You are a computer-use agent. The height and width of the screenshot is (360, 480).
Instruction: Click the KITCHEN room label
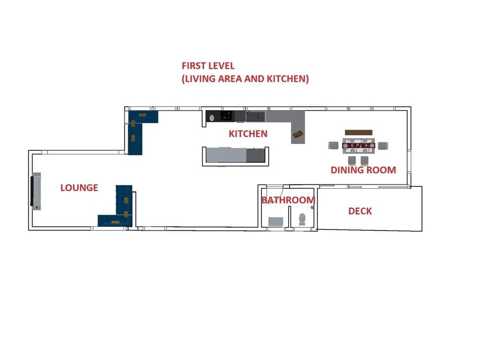tap(248, 134)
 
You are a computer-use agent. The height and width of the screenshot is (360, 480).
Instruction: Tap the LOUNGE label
tap(79, 188)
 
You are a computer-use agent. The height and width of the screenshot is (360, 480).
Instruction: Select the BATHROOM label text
tap(288, 200)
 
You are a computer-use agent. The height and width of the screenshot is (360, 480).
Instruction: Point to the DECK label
tap(360, 211)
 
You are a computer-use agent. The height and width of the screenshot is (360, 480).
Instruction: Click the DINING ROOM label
tap(363, 170)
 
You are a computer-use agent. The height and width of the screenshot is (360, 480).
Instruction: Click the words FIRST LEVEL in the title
tap(208, 66)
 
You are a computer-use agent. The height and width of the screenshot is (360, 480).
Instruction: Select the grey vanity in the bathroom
tap(276, 221)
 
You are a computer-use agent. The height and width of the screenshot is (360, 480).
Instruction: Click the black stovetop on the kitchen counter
tap(227, 116)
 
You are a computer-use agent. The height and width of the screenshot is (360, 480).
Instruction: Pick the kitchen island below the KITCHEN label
tap(234, 156)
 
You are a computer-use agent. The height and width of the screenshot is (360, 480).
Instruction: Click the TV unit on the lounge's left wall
tap(36, 191)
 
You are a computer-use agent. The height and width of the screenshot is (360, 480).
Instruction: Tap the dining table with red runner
tap(358, 144)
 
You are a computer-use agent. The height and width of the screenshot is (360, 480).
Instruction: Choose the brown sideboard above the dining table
tap(358, 132)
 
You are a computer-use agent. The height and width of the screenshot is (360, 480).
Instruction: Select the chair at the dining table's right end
tap(383, 145)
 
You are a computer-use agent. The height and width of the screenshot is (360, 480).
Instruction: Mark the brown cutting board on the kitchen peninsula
tap(298, 134)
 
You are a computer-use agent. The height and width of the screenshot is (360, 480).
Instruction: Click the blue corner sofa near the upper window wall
tap(139, 127)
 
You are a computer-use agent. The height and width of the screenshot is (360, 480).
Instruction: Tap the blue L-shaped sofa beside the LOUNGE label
tap(120, 209)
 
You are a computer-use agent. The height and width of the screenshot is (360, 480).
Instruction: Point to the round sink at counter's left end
tap(212, 116)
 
